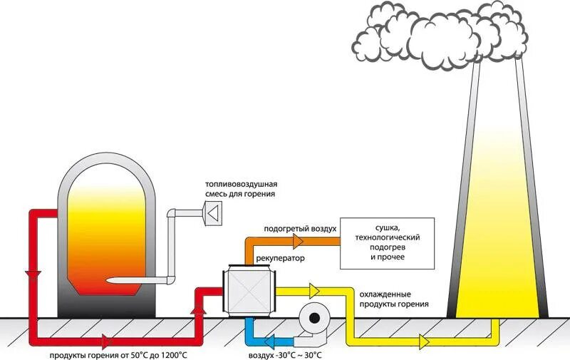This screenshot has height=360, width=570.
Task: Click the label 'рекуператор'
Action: (280, 259)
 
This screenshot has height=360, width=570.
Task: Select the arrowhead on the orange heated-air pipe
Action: (298, 242)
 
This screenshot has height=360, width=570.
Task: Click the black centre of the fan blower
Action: (314, 319)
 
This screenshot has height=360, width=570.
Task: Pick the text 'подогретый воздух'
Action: (300, 229)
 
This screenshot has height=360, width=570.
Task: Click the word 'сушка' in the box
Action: (388, 228)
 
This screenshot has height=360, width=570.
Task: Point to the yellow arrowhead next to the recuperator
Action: (314, 291)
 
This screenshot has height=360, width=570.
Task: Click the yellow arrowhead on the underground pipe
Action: (425, 341)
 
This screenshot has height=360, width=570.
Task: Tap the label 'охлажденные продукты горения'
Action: (394, 299)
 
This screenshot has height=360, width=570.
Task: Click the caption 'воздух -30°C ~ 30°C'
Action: (285, 355)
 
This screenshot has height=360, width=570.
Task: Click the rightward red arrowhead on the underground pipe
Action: (105, 341)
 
